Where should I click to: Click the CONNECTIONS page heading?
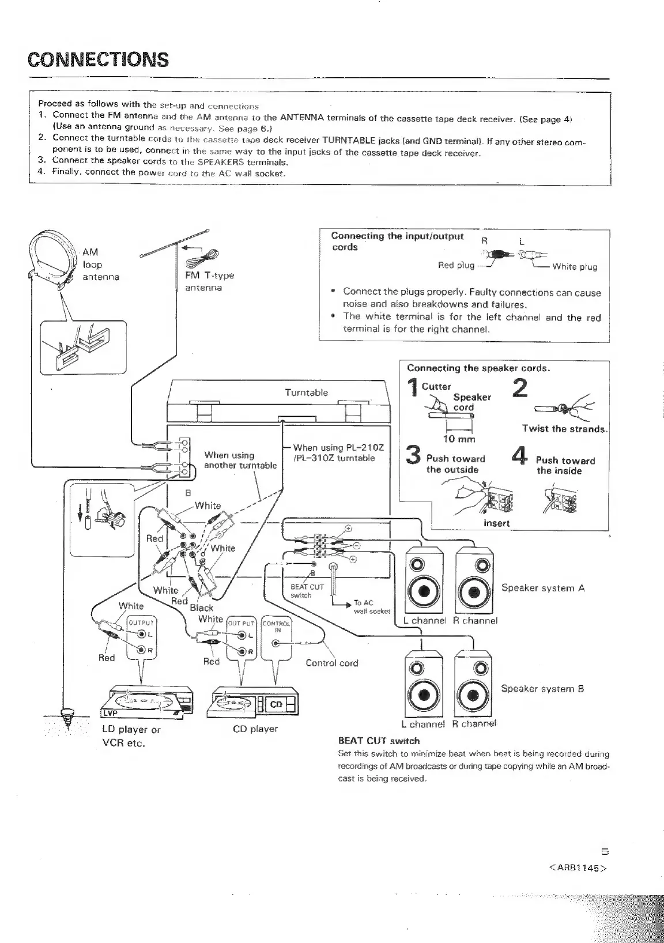tap(99, 59)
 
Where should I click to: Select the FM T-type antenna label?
tap(209, 281)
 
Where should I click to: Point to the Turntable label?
tap(306, 393)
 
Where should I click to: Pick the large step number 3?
tap(413, 455)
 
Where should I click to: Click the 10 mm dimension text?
tap(459, 439)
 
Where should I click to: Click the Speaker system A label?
tap(543, 588)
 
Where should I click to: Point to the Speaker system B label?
tap(542, 688)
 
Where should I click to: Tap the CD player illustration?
tap(255, 703)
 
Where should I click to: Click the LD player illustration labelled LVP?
tap(146, 703)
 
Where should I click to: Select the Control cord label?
tap(331, 663)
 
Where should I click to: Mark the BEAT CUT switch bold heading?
tap(378, 741)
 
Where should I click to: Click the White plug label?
tap(575, 266)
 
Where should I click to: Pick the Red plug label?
tap(456, 265)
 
